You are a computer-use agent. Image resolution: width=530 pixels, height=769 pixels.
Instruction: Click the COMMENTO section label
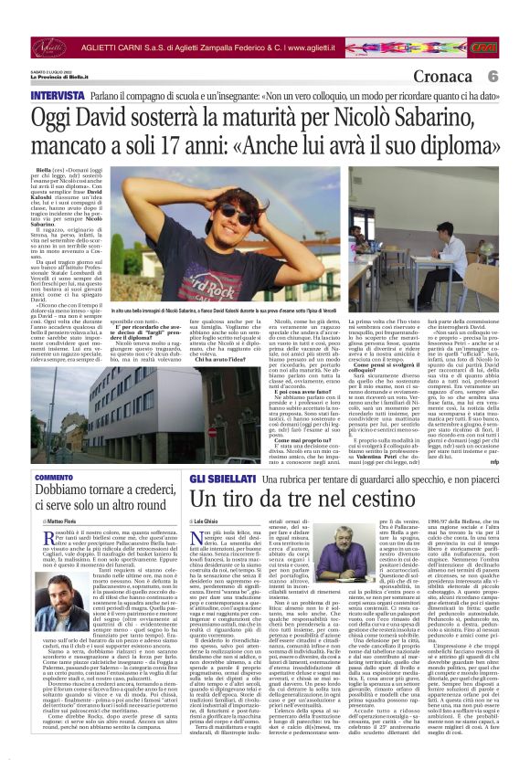coord(54,478)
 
